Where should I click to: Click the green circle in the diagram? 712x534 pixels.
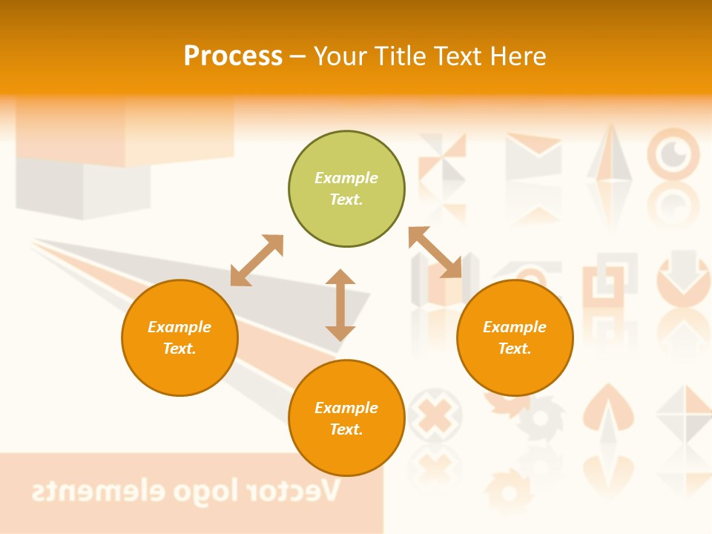click(x=346, y=189)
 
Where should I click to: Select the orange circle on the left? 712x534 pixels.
click(x=179, y=337)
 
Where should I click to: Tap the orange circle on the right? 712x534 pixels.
click(x=515, y=337)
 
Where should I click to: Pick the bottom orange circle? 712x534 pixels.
click(x=346, y=418)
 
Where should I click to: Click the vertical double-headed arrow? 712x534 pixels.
click(x=340, y=305)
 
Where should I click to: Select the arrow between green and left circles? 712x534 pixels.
click(x=257, y=260)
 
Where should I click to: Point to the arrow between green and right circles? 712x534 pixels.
click(x=435, y=252)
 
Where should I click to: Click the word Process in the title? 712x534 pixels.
click(x=233, y=56)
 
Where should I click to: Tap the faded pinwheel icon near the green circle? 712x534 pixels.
click(x=442, y=158)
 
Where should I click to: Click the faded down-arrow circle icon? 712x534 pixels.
click(x=682, y=279)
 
